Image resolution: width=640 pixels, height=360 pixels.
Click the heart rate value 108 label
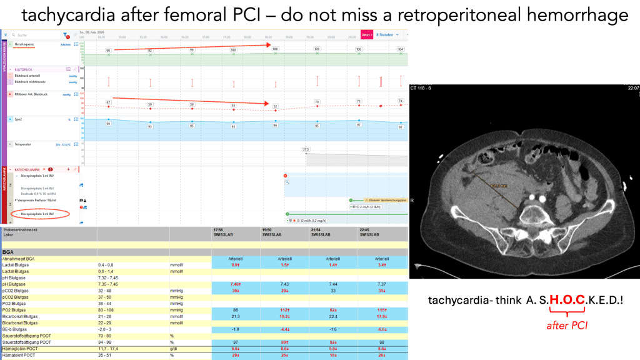pyautogui.click(x=275, y=48)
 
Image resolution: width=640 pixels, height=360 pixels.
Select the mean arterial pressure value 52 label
pyautogui.click(x=275, y=106)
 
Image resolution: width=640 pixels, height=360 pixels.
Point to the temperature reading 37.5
pyautogui.click(x=306, y=149)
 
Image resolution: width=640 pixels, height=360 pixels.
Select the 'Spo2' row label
pyautogui.click(x=19, y=118)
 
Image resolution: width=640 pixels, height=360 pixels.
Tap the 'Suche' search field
pyautogui.click(x=31, y=36)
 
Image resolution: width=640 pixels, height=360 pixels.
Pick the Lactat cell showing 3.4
pyautogui.click(x=382, y=266)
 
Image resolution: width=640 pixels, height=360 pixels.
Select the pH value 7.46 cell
pyautogui.click(x=236, y=283)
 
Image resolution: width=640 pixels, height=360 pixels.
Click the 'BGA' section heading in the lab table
pyautogui.click(x=9, y=251)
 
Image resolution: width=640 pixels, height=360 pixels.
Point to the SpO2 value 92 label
pyautogui.click(x=401, y=126)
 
